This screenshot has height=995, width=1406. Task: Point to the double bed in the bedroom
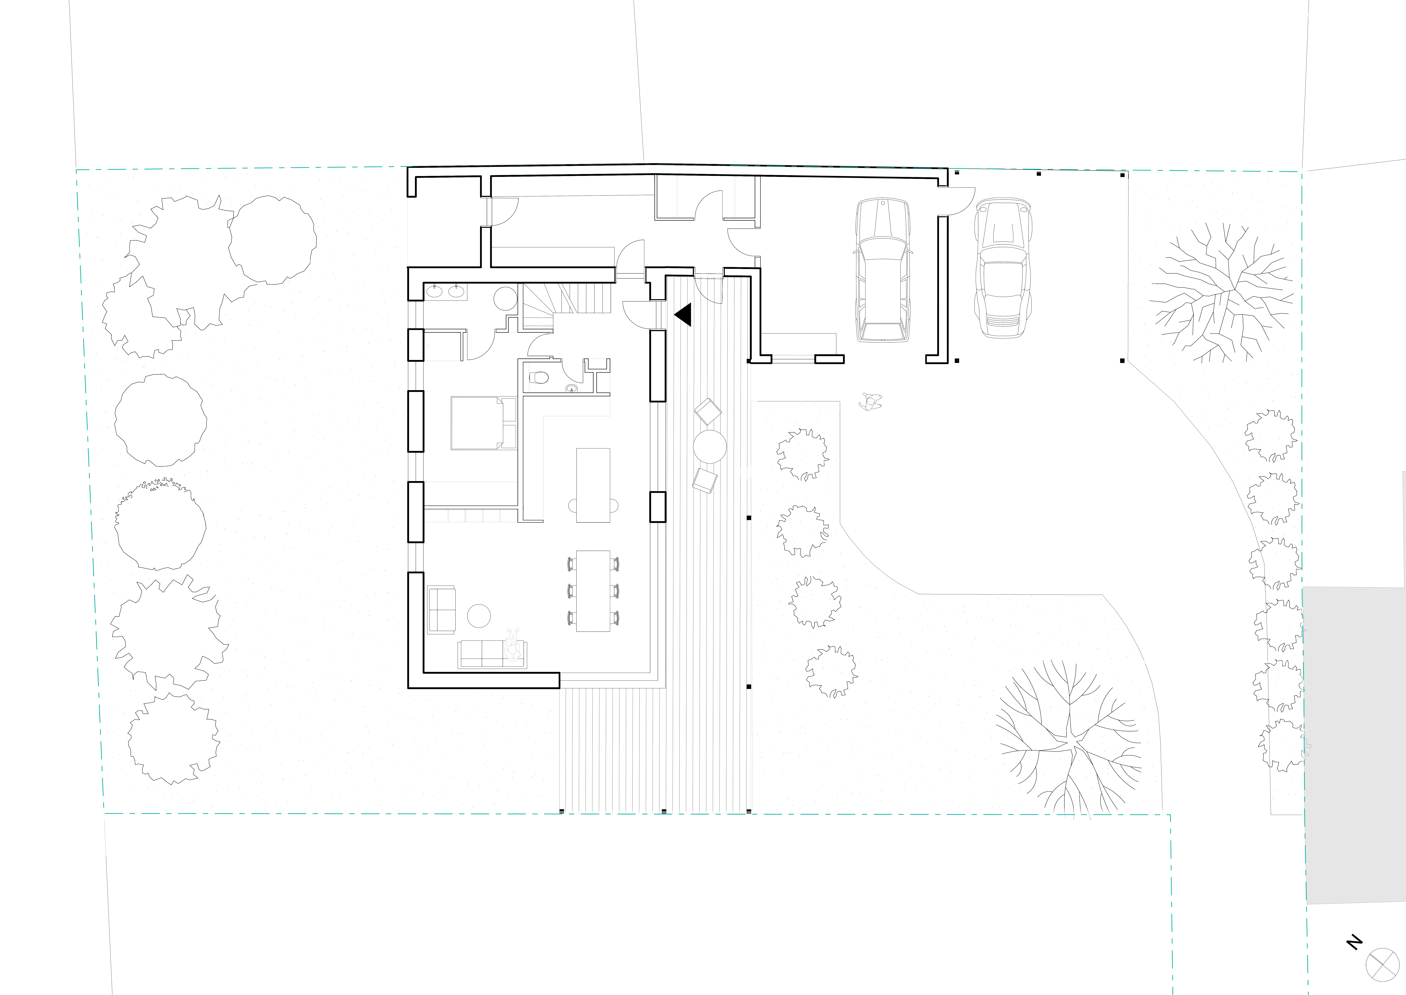483,423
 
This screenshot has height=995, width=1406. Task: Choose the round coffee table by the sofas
479,616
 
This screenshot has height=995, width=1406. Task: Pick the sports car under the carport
1002,268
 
